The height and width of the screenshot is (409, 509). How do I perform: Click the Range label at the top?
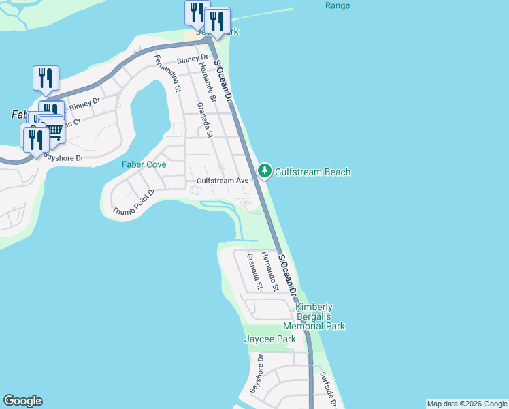click(338, 6)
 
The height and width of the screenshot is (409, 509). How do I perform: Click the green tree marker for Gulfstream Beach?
click(265, 170)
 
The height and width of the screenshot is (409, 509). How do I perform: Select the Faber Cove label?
click(144, 165)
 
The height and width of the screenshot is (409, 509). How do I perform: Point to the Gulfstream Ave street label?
click(223, 181)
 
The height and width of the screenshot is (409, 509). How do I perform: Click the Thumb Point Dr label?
click(135, 201)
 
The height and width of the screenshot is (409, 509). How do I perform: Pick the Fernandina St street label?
click(167, 73)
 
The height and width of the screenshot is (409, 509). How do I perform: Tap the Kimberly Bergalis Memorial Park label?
click(320, 316)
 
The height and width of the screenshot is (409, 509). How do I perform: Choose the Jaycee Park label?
click(270, 339)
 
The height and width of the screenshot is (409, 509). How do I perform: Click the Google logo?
click(22, 401)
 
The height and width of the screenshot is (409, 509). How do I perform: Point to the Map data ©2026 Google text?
click(467, 404)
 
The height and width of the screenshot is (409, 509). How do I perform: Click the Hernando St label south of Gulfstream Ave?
click(271, 271)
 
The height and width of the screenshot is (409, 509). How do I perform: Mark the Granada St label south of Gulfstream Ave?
click(254, 269)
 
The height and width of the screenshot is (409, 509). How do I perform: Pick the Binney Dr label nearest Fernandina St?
click(193, 61)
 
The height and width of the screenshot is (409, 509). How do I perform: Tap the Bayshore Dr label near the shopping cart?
click(63, 157)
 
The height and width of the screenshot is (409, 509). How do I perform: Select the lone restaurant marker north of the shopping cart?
click(46, 77)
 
